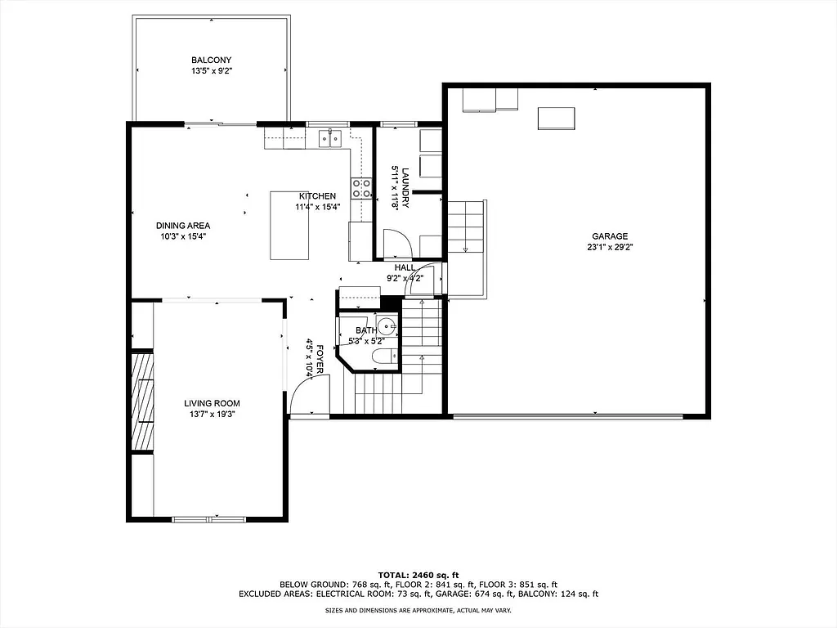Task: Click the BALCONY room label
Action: point(211,60)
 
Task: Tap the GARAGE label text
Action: point(610,235)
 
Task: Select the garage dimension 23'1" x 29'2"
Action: point(610,247)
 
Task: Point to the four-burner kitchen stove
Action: point(360,189)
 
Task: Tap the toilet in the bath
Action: point(383,357)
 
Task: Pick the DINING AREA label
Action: point(183,226)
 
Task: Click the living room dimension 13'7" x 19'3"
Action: point(212,415)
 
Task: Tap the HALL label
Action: point(405,267)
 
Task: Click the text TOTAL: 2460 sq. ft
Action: point(418,574)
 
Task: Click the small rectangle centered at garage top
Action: point(556,119)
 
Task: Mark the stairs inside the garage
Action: point(466,229)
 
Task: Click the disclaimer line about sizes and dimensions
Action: point(418,611)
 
